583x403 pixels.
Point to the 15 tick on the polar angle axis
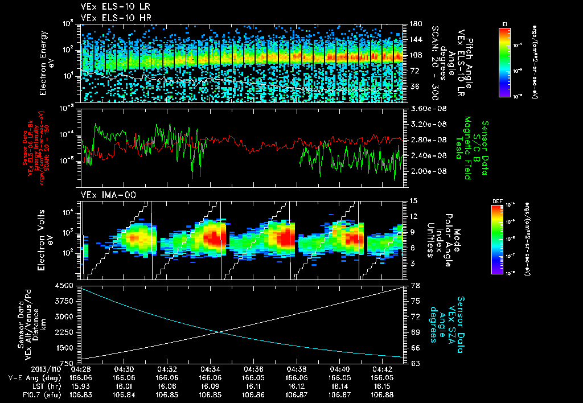click(x=413, y=200)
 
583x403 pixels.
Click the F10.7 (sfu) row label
click(x=38, y=393)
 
